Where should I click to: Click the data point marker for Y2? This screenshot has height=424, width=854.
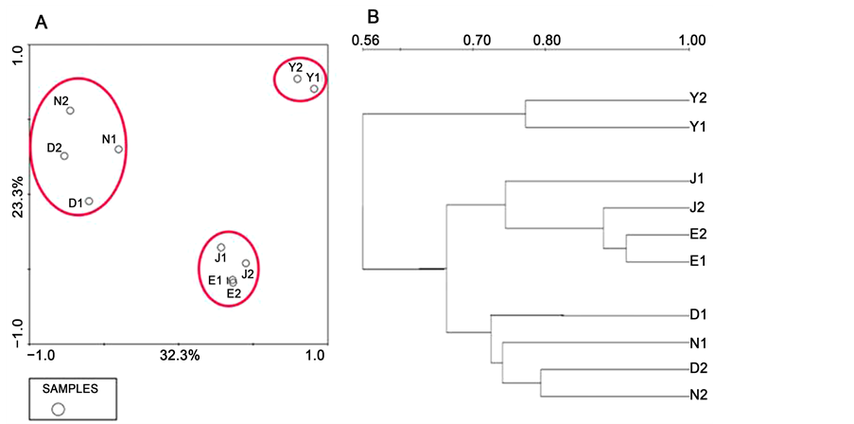(297, 79)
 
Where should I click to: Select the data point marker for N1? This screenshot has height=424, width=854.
(118, 149)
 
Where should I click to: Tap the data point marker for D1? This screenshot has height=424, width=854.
(89, 201)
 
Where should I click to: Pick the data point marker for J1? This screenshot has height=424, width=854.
(221, 247)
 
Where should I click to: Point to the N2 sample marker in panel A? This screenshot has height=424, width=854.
(70, 111)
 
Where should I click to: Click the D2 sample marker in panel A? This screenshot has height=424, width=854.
(64, 156)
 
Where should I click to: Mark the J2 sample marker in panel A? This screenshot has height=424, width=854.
(246, 263)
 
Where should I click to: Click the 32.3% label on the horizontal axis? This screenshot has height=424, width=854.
(180, 356)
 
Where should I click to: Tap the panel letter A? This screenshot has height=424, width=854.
(41, 24)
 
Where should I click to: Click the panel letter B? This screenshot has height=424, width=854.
(373, 17)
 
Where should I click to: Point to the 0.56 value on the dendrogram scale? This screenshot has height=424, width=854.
(364, 41)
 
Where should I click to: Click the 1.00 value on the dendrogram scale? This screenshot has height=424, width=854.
(693, 41)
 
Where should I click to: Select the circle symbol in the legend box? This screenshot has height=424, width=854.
(58, 408)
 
